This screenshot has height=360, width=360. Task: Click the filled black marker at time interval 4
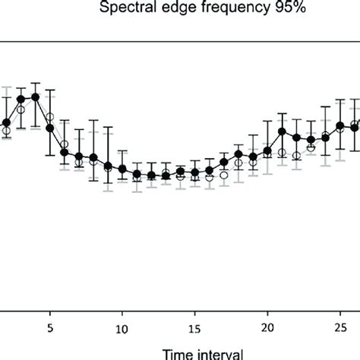click(35, 97)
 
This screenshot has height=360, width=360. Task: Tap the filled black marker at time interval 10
click(122, 169)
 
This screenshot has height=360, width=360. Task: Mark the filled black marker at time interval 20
click(267, 150)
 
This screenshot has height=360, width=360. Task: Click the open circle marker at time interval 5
click(50, 117)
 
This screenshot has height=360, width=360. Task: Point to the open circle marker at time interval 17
click(224, 175)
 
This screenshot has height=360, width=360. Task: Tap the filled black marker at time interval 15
click(195, 173)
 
